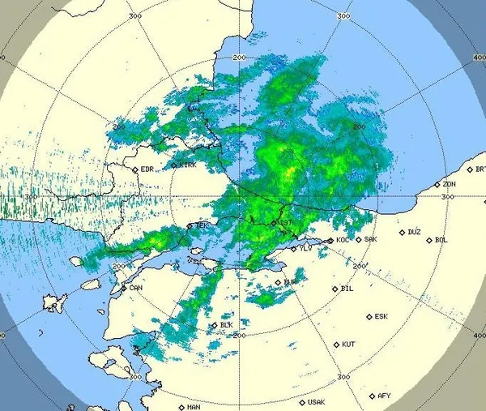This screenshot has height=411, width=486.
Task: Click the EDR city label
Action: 147,169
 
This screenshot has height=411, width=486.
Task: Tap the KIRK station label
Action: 188,165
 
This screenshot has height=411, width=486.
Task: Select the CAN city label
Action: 136,287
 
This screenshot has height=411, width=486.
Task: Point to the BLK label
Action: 227,325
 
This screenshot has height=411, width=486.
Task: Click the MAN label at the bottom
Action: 193,407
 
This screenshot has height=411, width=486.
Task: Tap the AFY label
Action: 384,396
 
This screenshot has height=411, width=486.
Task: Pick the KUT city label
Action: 349,344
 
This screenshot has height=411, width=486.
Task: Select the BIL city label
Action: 348,288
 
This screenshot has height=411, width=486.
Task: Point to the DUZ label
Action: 414,232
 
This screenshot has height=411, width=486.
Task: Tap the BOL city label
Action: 441,239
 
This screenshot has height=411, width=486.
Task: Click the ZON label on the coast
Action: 449,184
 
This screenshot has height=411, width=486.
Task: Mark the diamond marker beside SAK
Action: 359,240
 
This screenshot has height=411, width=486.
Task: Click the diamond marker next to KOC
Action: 330,241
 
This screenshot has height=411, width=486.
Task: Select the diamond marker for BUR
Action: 278,282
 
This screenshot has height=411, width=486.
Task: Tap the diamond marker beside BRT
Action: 469,169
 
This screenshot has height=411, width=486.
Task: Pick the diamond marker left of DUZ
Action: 402,233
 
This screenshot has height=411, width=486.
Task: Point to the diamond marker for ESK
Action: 369,317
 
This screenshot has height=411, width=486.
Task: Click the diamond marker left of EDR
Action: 135,169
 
